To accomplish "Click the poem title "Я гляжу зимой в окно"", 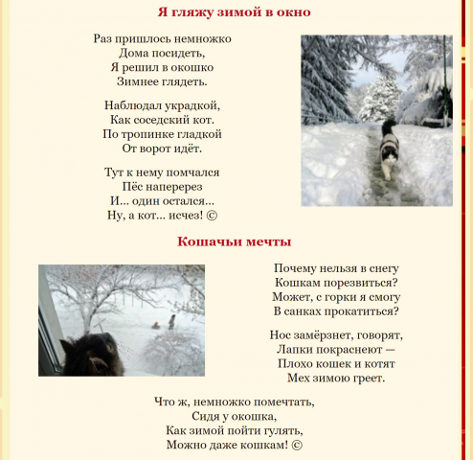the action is coord(235,12).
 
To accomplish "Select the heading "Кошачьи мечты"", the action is coord(235,241).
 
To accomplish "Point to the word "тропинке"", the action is coord(152,134).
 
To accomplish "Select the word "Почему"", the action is coord(296,268).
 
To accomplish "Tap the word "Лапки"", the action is coord(293,349).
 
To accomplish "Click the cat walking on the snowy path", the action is coord(390,153).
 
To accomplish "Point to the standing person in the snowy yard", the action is coord(172,321).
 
